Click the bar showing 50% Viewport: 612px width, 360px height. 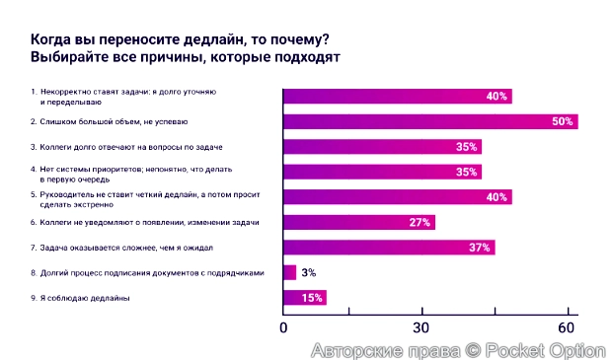[x=429, y=121]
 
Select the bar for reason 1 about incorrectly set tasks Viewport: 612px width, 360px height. [x=397, y=96]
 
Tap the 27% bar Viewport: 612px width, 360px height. [x=358, y=222]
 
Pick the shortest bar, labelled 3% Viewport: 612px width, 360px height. [x=289, y=272]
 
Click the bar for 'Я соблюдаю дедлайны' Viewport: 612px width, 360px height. [x=304, y=297]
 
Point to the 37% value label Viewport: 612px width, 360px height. [x=480, y=248]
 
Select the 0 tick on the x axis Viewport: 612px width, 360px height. [x=284, y=327]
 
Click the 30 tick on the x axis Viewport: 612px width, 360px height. [x=425, y=327]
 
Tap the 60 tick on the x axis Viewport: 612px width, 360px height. [x=566, y=327]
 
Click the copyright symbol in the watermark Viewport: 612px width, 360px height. [x=472, y=350]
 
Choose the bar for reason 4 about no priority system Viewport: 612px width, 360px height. [x=382, y=172]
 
